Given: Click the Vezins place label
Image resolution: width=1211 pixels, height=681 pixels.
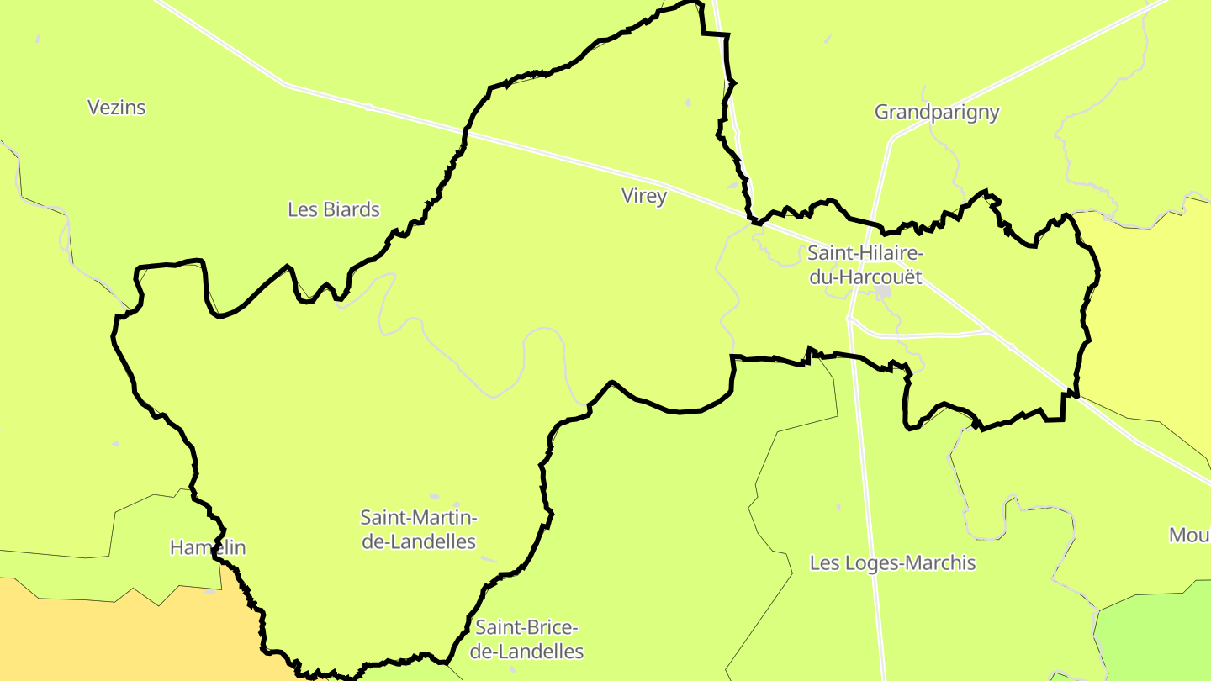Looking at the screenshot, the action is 117,108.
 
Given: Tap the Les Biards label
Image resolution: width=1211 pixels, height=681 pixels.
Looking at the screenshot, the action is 334,209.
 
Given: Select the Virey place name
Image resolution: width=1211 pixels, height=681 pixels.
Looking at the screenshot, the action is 644,197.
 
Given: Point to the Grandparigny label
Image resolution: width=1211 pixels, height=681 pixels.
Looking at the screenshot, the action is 937,113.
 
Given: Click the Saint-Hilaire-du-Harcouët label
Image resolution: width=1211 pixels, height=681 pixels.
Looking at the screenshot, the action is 865,264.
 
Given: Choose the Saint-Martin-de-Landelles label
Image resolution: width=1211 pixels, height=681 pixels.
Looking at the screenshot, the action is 419,529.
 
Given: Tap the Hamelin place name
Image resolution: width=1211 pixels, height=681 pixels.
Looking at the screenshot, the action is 208,548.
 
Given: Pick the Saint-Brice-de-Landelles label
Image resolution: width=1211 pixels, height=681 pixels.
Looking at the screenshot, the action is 526,639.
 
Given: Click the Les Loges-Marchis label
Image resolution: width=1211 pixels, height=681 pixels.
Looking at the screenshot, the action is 892,563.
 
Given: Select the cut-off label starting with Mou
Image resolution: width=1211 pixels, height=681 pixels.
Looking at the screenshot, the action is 1189,536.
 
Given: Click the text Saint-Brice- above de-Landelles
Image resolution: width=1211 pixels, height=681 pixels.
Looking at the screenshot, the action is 526,627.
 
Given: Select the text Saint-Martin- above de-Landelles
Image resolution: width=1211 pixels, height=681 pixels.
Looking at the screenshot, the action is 419,517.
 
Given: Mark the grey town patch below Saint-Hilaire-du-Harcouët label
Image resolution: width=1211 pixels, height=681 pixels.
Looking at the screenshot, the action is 882,293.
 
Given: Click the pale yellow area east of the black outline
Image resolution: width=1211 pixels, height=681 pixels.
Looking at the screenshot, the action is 1152,336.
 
